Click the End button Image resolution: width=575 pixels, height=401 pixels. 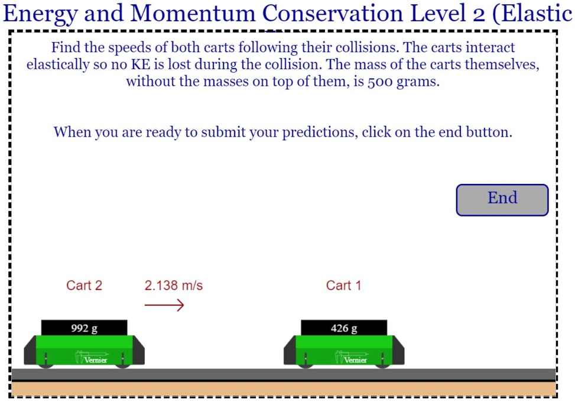pos(502,199)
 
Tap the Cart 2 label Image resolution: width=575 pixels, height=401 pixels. pos(84,286)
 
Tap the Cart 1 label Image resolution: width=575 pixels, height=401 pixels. pos(343,286)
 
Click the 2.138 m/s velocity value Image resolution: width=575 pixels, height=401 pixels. pos(173,286)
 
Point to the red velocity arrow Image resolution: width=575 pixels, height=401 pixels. pos(164,305)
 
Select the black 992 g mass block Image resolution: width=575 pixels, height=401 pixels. pos(84,328)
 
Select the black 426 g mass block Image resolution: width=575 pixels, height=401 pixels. pos(344,328)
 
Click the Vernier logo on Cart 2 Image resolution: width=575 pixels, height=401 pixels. pos(91,358)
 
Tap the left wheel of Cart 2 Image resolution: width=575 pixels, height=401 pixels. pos(46,364)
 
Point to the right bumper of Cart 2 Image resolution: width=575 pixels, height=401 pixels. pos(139,350)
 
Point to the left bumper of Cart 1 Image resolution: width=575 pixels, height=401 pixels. pos(290,350)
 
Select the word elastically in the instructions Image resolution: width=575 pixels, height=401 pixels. pos(57,64)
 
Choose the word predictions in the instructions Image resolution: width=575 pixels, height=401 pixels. pos(319,132)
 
